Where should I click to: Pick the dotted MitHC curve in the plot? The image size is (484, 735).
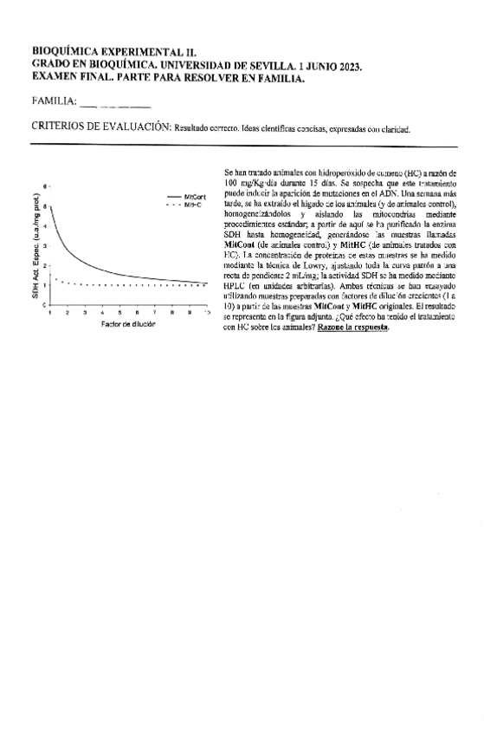coord(130,284)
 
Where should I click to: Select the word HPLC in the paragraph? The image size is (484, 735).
coord(234,288)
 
